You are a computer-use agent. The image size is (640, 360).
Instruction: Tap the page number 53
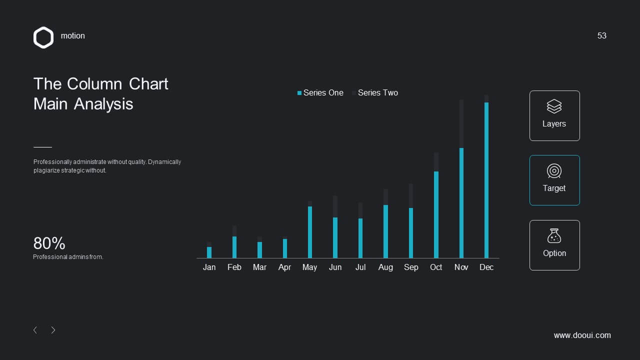tap(601, 35)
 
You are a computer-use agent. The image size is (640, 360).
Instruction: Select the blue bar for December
tap(486, 180)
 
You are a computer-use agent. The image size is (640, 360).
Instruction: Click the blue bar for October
tap(436, 215)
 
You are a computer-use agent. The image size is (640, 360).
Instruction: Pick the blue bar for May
tap(310, 232)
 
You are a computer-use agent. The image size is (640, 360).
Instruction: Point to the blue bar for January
tap(209, 252)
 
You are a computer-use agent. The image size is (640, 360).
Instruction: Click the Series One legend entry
tap(320, 93)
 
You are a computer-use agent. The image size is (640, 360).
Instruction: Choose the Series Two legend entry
tap(375, 93)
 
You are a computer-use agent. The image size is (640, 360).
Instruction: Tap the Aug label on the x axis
tap(385, 267)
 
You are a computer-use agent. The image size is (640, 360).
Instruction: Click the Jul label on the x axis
tap(360, 267)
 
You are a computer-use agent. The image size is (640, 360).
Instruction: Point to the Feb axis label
tap(234, 267)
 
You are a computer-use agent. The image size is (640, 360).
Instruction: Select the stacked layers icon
tap(554, 106)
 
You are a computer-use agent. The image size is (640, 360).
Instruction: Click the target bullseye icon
tap(554, 171)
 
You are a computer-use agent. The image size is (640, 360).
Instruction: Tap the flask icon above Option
tap(554, 235)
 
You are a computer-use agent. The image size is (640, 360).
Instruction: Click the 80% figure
tap(49, 243)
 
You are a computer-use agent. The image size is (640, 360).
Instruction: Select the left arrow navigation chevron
tap(35, 330)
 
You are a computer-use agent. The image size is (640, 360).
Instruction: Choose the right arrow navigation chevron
tap(53, 330)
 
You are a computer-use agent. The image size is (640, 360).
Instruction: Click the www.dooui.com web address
tap(582, 335)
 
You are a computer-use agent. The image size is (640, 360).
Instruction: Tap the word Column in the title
tap(94, 84)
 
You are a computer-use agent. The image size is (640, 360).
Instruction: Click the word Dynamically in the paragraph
tap(164, 162)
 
